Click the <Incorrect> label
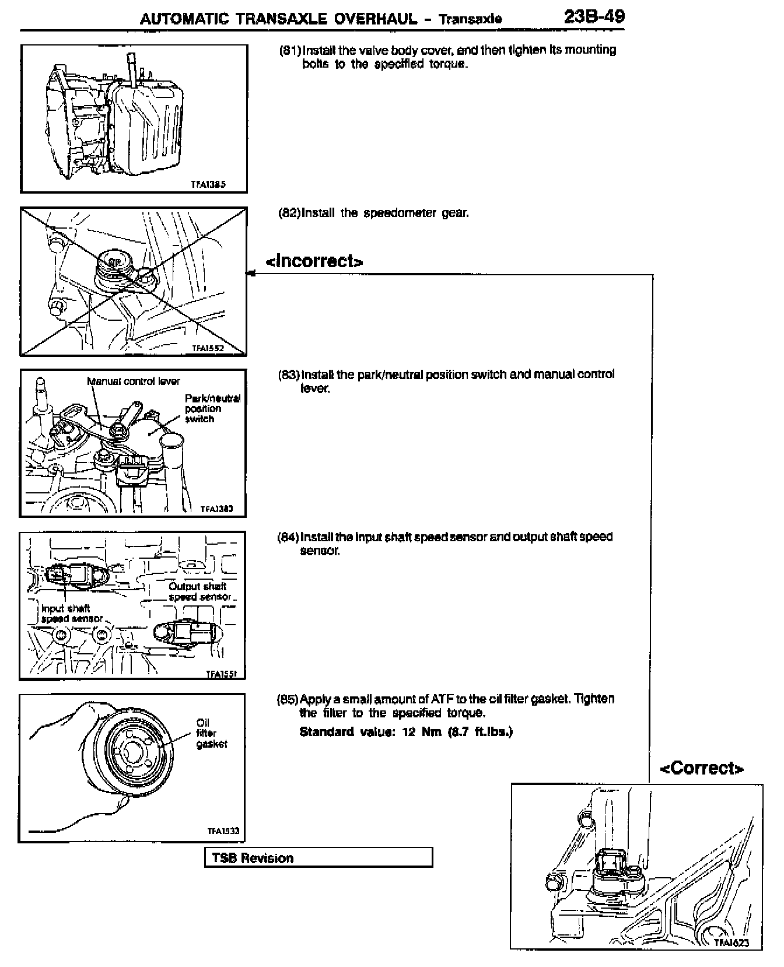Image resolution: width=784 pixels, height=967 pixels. [x=314, y=261]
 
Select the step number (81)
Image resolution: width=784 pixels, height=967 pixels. [x=290, y=50]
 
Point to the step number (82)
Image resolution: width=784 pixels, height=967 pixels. [x=289, y=213]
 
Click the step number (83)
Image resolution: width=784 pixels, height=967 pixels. [x=289, y=374]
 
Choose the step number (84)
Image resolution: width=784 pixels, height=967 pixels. [x=288, y=537]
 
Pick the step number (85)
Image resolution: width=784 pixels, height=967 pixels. [x=288, y=699]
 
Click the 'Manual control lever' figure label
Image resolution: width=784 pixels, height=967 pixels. [x=134, y=381]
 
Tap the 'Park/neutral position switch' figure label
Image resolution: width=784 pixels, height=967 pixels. [x=212, y=408]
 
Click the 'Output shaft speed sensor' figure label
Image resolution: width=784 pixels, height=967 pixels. [x=199, y=591]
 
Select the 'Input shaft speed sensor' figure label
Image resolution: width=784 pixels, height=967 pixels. [x=70, y=614]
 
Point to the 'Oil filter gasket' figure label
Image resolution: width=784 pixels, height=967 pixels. [x=211, y=733]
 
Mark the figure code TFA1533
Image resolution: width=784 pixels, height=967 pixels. [x=223, y=832]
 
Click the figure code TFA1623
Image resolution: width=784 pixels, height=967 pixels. [x=731, y=943]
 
